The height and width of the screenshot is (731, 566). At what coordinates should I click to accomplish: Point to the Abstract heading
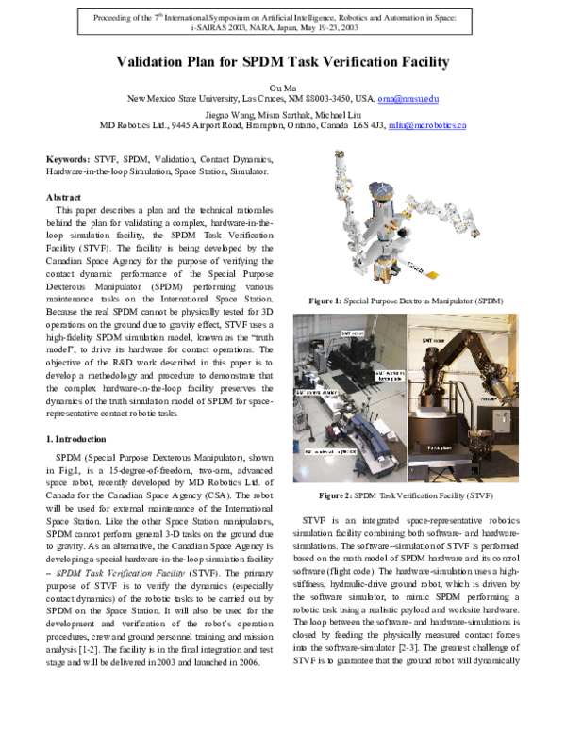click(63, 197)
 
